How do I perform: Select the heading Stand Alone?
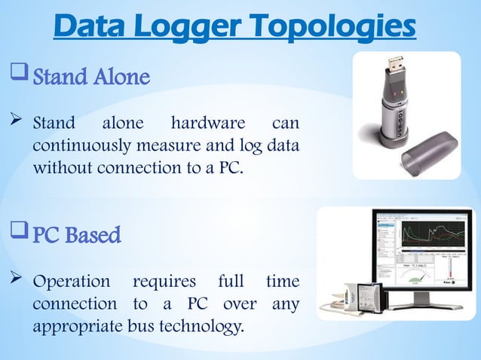91,77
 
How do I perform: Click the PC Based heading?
76,236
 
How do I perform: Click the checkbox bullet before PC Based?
18,234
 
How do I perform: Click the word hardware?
207,123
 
